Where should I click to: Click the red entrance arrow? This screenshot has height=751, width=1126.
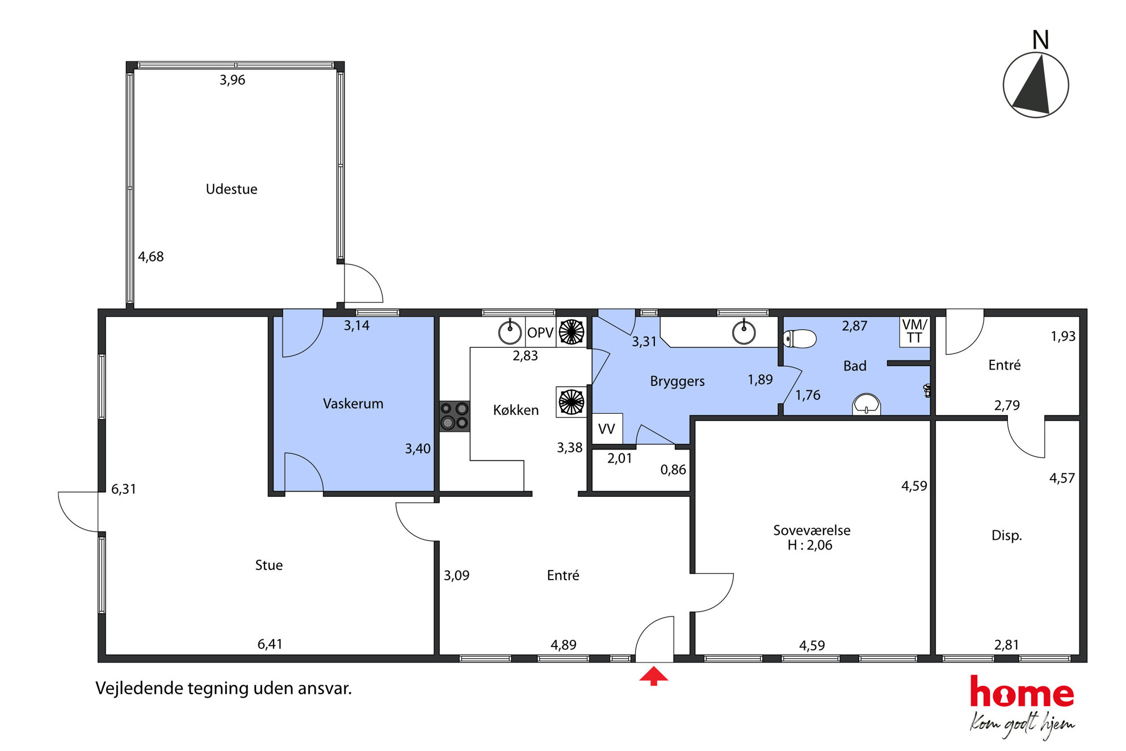(x=654, y=676)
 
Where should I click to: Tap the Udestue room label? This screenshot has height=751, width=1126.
(x=232, y=189)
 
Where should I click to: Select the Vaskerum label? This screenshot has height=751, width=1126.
(x=353, y=404)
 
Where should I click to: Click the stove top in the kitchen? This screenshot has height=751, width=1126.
(x=455, y=416)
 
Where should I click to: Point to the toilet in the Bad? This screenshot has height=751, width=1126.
(x=800, y=338)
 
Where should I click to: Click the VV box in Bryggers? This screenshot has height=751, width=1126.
(x=607, y=429)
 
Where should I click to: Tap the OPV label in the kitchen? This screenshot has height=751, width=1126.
(x=540, y=333)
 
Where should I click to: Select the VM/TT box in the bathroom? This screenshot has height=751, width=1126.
(x=914, y=332)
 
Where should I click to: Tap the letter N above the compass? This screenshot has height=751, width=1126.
(x=1040, y=40)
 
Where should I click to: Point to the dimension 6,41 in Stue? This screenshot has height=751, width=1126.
(x=270, y=644)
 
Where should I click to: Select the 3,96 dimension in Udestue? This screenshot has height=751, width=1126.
(x=233, y=80)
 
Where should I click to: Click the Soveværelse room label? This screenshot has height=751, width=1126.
(x=812, y=530)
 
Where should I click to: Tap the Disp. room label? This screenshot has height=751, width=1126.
(x=1006, y=535)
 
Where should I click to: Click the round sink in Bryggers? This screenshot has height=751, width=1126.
(x=743, y=333)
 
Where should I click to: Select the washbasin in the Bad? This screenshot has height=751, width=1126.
(x=866, y=405)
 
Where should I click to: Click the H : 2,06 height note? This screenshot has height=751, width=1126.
(x=810, y=545)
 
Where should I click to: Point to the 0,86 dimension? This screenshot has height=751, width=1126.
(x=673, y=469)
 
